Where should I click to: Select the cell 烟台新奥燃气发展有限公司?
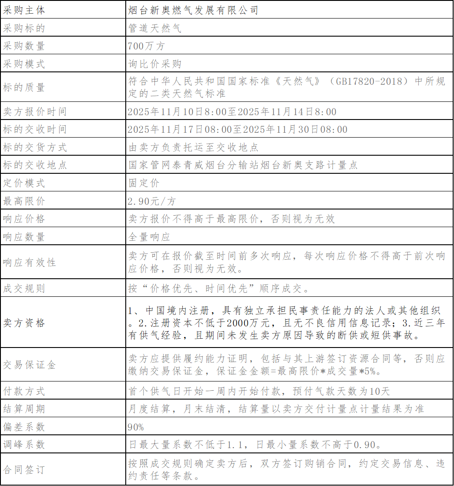[193, 10]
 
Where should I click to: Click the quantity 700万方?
[146, 46]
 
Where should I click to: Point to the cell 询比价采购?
[154, 64]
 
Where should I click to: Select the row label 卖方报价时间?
[34, 112]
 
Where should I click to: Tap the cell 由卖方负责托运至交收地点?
[193, 147]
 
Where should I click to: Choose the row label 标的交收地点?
[34, 165]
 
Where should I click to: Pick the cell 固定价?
[144, 183]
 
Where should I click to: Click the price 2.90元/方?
[151, 201]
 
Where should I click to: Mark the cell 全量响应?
[149, 237]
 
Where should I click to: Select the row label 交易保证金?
[29, 365]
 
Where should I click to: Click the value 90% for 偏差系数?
[136, 427]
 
